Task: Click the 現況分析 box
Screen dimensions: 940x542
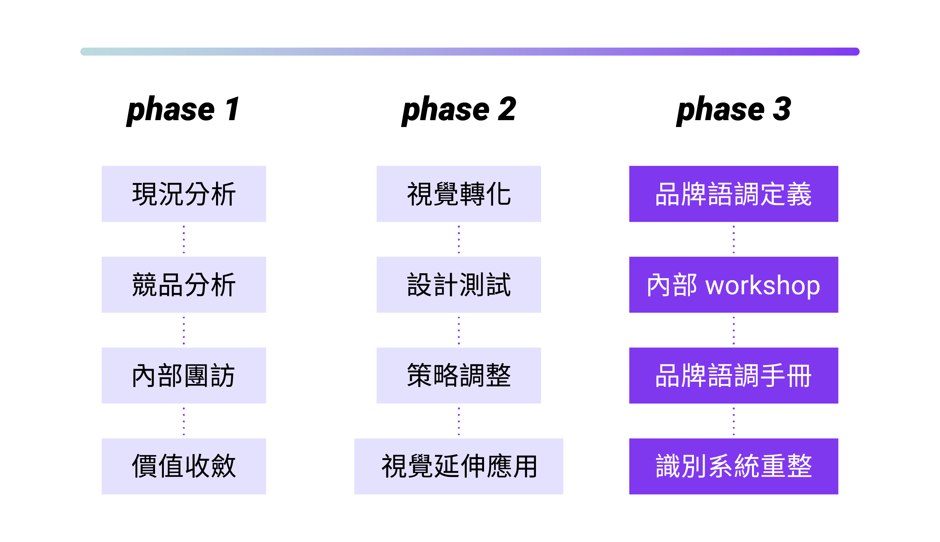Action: point(184,194)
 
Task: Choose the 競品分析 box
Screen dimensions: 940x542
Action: point(184,285)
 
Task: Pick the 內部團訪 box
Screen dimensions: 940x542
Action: point(184,375)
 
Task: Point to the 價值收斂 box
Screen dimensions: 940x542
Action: point(184,467)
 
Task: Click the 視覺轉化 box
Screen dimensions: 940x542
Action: point(459,194)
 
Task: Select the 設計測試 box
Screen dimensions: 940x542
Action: point(459,285)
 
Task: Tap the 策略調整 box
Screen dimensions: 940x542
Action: point(459,375)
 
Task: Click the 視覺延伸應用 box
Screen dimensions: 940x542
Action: point(459,467)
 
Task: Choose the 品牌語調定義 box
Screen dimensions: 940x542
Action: point(734,194)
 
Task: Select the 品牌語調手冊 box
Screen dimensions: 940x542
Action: point(734,375)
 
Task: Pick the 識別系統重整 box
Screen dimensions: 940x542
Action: point(734,467)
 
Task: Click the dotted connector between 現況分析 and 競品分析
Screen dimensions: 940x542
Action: point(184,239)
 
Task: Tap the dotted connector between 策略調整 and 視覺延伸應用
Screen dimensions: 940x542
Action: point(459,421)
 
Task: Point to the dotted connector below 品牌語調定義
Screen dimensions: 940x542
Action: point(734,239)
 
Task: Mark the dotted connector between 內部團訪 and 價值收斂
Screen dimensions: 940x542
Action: point(184,421)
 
